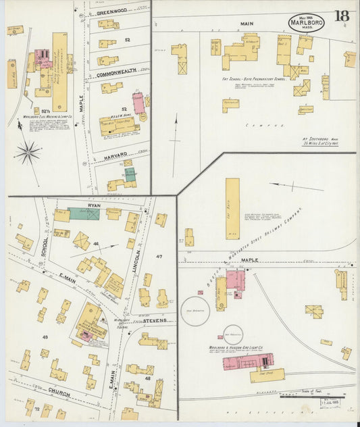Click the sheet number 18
pos(341,16)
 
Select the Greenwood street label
pos(112,12)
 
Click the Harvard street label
pos(115,155)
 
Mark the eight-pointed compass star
pos(28,153)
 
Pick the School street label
pos(43,249)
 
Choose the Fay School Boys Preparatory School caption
pos(253,78)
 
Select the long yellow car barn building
pos(232,208)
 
